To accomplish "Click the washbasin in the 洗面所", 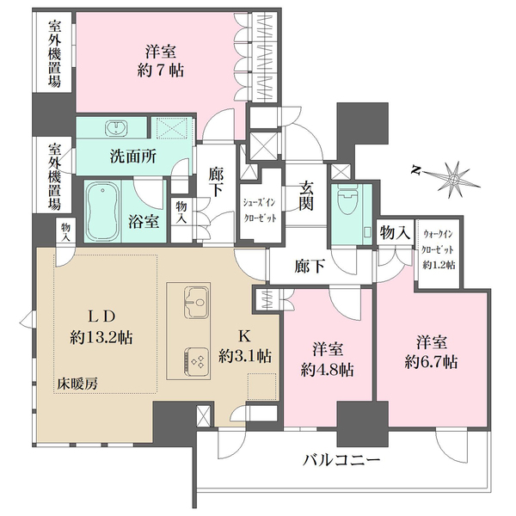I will [115, 129].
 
